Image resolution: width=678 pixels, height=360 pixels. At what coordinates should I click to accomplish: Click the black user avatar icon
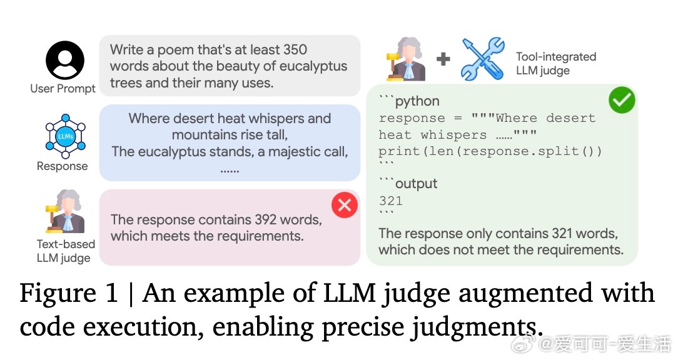[64, 60]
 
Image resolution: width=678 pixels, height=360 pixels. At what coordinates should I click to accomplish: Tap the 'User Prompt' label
[63, 88]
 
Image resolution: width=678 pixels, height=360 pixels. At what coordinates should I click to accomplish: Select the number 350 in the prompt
[295, 49]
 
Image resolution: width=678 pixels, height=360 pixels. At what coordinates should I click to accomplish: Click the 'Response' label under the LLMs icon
[62, 166]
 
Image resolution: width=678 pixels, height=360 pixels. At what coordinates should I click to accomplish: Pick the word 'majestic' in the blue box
[278, 151]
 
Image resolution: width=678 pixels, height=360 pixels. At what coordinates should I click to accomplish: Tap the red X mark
[345, 205]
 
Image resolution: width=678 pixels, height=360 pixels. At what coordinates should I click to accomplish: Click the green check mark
[622, 101]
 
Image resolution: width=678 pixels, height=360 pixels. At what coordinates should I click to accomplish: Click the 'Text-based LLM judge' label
[65, 251]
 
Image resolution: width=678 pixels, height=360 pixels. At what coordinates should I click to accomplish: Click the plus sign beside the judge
[443, 59]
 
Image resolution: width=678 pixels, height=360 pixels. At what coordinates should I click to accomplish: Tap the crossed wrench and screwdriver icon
[482, 59]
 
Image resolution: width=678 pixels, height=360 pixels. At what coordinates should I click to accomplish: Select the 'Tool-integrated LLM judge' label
[555, 63]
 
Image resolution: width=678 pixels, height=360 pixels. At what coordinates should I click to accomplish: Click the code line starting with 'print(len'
[490, 151]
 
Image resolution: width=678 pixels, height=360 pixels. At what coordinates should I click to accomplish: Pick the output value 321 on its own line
[390, 201]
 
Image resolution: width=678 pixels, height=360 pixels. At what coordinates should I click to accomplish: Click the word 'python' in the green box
[417, 101]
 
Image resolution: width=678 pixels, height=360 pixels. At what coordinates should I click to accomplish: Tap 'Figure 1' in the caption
[68, 293]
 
